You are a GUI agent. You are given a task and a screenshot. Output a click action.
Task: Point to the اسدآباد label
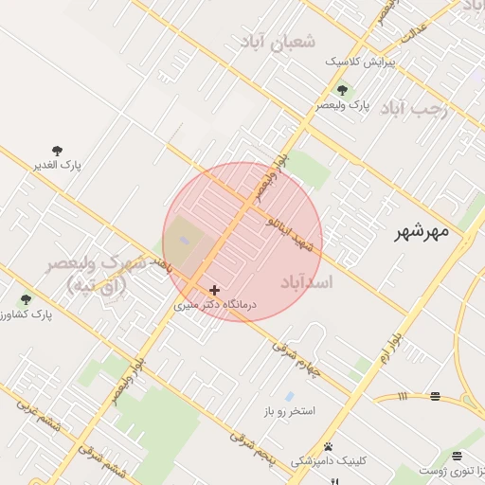pos(307,281)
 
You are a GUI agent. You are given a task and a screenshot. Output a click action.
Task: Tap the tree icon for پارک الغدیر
pos(58,151)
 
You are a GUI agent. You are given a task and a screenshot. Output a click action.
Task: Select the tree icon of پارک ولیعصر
pos(342,91)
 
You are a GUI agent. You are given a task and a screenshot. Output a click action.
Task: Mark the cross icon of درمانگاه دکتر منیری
pos(215,290)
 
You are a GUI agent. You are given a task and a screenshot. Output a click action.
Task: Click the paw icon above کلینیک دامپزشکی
pos(328,446)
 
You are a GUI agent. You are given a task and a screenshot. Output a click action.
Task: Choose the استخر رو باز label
pos(296,412)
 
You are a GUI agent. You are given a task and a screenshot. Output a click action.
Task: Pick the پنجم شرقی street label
pos(252,446)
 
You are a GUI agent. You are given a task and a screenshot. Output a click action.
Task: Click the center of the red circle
pos(242,242)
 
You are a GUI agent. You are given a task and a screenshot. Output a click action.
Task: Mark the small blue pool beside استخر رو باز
pos(289,395)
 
